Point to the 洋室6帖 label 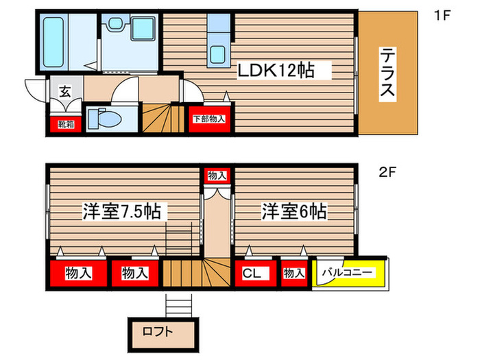click(x=293, y=212)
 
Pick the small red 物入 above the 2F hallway click(x=217, y=176)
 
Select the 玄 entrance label click(x=64, y=91)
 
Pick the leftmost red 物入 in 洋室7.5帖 click(x=78, y=274)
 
